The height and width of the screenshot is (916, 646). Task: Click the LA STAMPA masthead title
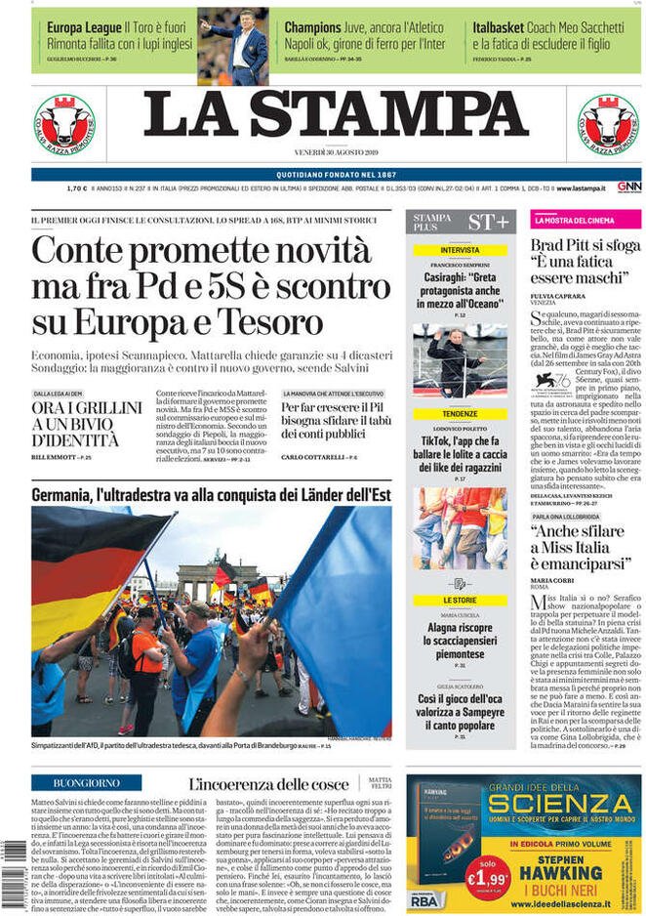point(336,114)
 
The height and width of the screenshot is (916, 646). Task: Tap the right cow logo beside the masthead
point(607,124)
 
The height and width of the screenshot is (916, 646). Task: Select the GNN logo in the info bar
point(628,187)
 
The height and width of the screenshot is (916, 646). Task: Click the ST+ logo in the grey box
point(488,222)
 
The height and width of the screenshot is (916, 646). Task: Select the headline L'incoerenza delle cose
point(267,784)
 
